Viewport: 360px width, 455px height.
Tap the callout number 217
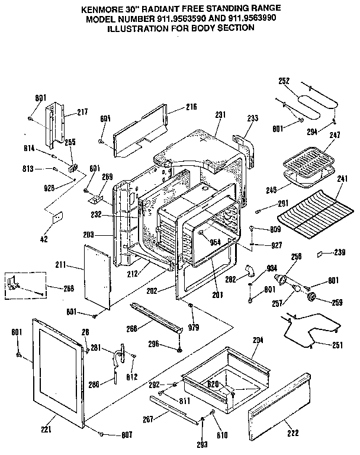click(82, 111)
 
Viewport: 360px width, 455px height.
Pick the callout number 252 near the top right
click(283, 81)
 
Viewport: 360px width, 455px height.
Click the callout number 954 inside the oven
click(215, 242)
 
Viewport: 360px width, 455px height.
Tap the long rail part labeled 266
click(155, 317)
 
